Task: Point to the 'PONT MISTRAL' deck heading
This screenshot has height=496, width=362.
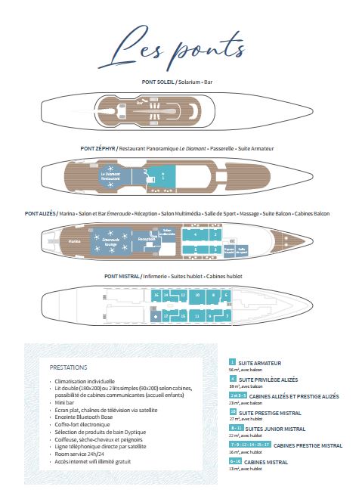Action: [x=119, y=277]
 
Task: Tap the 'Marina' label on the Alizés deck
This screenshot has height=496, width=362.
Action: [x=73, y=242]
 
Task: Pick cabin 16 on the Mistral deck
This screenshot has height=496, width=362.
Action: [x=156, y=295]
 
